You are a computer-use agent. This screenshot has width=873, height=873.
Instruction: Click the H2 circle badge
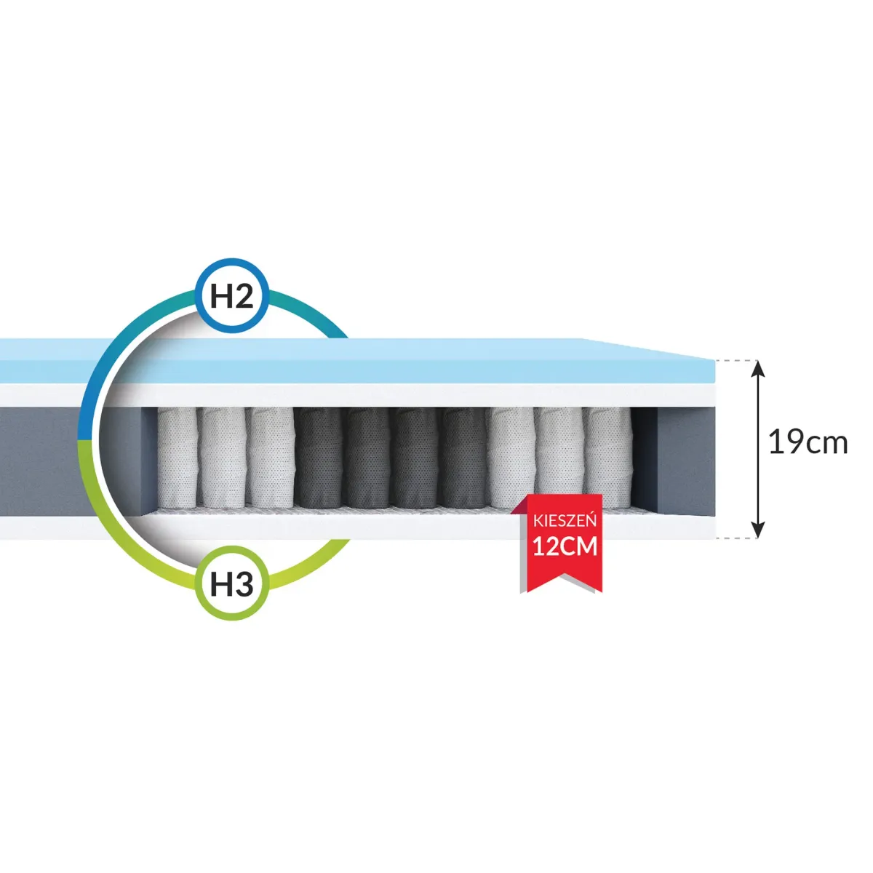(x=232, y=297)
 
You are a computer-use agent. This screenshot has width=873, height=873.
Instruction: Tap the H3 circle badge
(x=232, y=583)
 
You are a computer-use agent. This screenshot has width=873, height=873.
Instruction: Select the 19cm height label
(x=808, y=442)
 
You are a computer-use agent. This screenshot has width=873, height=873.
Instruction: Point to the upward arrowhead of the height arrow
(x=759, y=369)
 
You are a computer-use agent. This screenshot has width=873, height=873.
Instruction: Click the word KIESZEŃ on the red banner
(x=565, y=521)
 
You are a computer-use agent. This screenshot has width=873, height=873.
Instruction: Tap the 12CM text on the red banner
(x=565, y=546)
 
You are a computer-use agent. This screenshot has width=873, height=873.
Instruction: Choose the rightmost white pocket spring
(x=607, y=457)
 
